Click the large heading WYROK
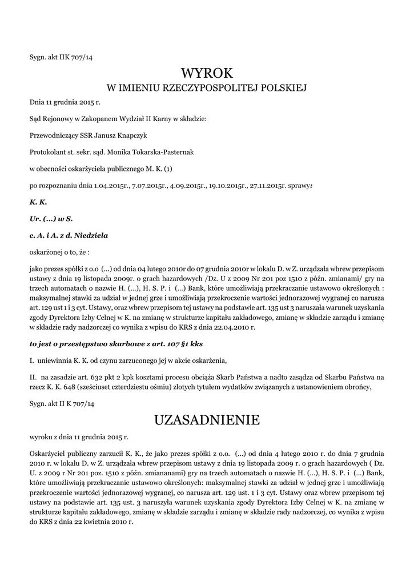click(x=207, y=73)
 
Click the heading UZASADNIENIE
click(x=207, y=420)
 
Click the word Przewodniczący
click(x=53, y=135)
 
